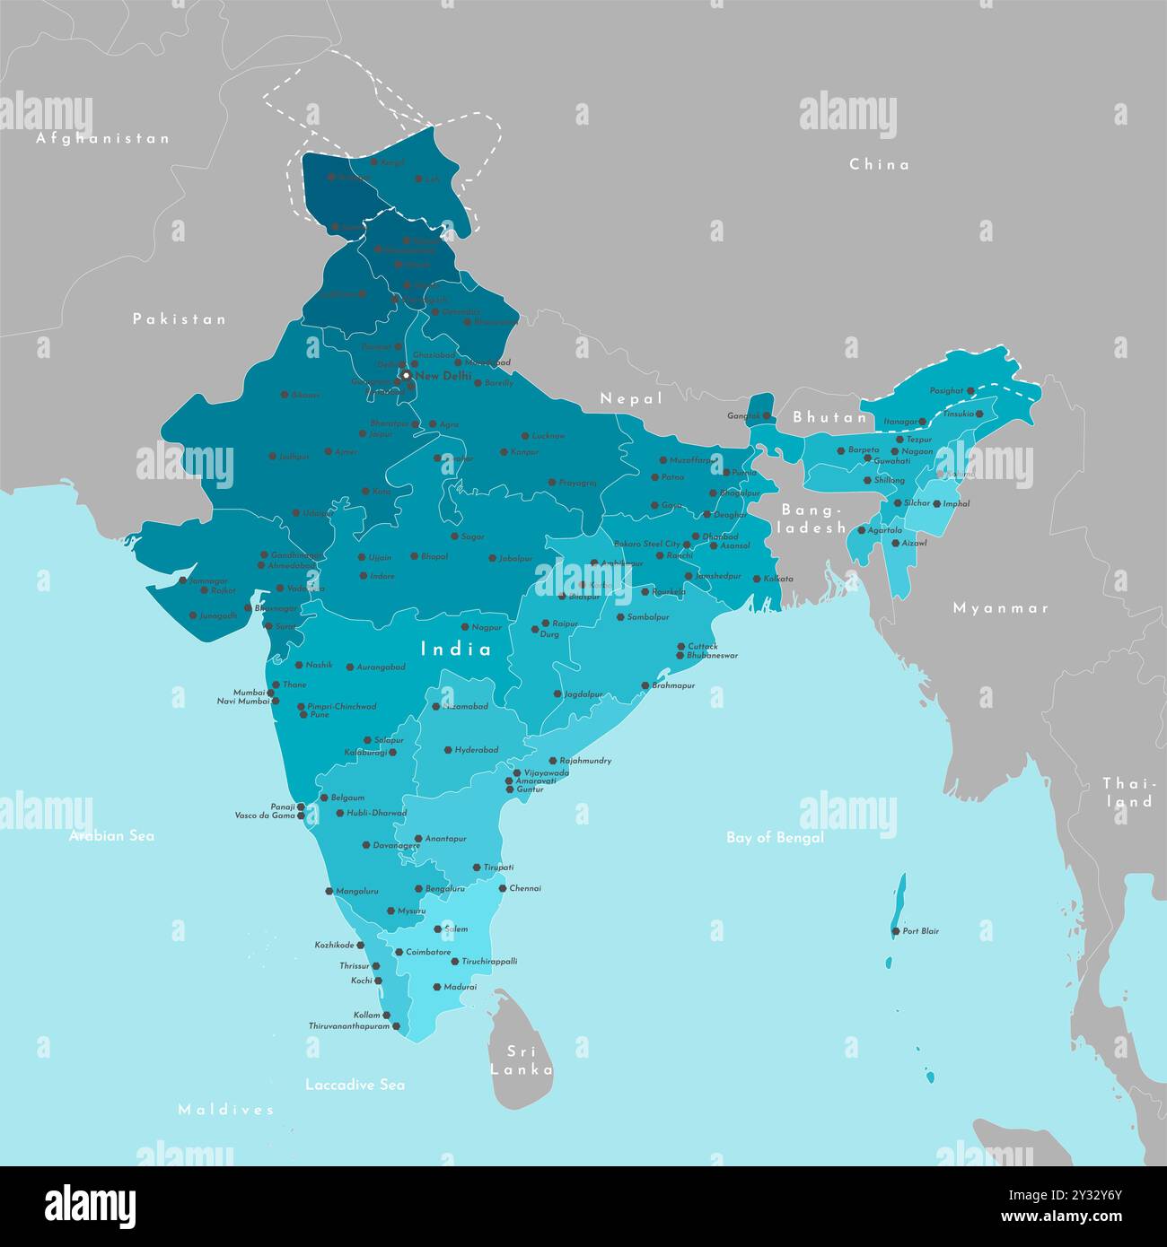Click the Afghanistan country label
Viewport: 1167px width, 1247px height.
pos(102,139)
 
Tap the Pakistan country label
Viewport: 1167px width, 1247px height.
pos(180,319)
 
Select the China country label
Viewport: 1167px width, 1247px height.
pos(879,164)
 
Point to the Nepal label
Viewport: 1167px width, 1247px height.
pos(631,398)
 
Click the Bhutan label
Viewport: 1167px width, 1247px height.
pos(830,417)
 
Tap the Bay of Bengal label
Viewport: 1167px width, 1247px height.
pos(775,838)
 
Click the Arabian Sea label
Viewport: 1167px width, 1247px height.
pos(112,836)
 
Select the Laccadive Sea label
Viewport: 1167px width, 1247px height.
pos(355,1085)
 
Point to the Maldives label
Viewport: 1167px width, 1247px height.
pos(225,1110)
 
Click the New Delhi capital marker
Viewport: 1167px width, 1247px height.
pos(406,376)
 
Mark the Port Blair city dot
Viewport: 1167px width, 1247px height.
pos(895,932)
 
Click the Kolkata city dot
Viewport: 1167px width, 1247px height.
pos(756,579)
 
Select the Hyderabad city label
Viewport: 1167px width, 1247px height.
pos(476,750)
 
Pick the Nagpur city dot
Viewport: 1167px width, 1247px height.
pos(464,627)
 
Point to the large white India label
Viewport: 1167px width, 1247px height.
pos(457,649)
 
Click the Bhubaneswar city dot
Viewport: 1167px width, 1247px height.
pos(680,656)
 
